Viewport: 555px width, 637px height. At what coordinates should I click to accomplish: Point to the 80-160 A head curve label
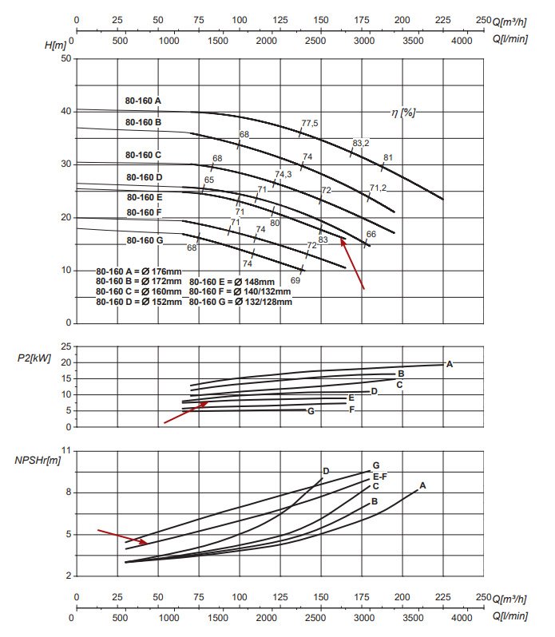click(143, 101)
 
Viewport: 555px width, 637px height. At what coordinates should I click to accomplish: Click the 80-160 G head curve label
click(144, 240)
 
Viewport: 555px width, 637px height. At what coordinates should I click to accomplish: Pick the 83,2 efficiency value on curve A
click(361, 143)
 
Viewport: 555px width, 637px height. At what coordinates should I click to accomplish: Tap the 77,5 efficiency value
click(310, 123)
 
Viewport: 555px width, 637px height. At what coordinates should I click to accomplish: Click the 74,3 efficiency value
click(283, 174)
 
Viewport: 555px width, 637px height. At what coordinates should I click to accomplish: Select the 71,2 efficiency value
click(379, 188)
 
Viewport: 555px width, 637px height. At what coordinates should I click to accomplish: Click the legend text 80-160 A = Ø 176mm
click(138, 271)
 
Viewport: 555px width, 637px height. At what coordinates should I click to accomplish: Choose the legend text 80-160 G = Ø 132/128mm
click(240, 302)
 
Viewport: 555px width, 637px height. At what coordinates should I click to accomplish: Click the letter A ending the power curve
click(450, 364)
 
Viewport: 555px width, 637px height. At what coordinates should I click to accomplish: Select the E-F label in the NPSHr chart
click(380, 476)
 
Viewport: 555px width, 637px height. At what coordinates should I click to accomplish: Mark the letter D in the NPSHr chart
click(326, 471)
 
